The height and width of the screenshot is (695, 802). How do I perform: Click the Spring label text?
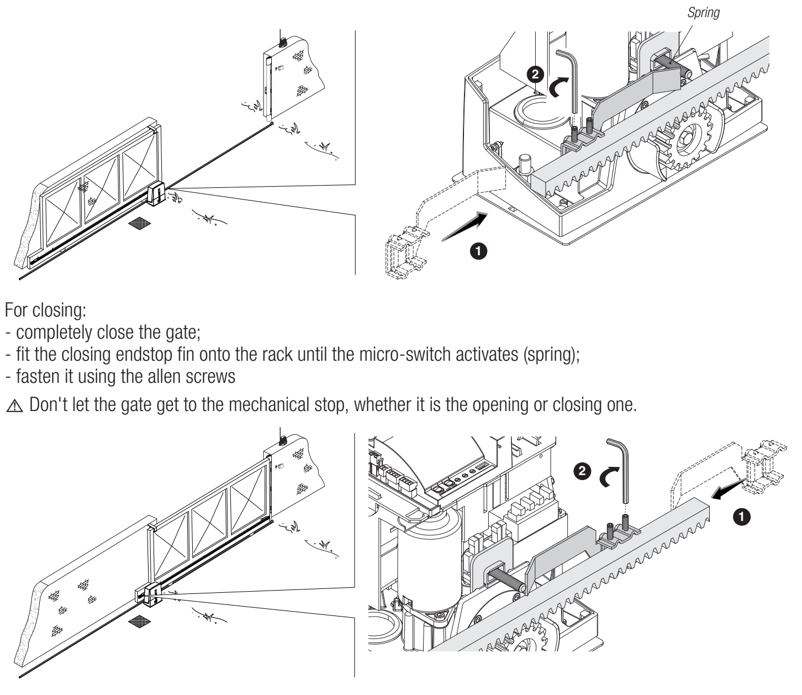(703, 13)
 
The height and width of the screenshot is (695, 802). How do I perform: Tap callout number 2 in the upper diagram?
(535, 74)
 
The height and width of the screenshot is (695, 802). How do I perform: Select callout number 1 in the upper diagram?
(478, 251)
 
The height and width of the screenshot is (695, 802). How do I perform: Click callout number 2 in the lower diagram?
(582, 471)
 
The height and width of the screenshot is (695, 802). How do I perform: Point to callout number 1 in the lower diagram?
(741, 517)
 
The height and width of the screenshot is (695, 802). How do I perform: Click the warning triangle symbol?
(15, 406)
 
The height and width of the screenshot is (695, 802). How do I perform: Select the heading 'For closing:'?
(45, 310)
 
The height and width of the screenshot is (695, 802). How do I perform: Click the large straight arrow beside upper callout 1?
(465, 227)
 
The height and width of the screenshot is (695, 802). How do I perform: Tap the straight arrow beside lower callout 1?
(727, 491)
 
